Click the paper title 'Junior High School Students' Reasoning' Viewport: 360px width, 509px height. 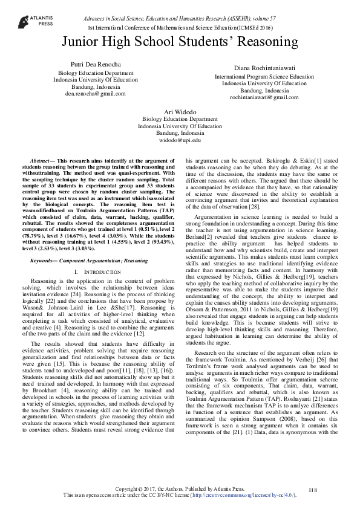(180, 42)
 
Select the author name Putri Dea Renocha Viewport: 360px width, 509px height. (95, 64)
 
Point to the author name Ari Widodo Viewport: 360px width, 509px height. (180, 112)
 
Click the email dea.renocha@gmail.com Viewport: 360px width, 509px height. (95, 94)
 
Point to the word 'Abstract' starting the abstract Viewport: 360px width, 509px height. (42, 156)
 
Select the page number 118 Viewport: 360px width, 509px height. (312, 489)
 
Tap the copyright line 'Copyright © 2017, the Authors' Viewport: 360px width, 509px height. (180, 488)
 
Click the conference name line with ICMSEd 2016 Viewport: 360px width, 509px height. (180, 28)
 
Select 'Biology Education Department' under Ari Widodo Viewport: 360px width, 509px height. (180, 120)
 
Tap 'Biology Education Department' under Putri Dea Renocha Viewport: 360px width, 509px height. (95, 72)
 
